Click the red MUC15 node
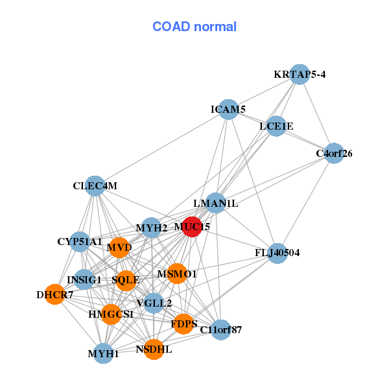(x=192, y=227)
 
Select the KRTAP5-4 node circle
(x=300, y=75)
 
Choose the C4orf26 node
(x=333, y=154)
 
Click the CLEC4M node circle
(x=95, y=186)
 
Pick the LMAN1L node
(x=215, y=204)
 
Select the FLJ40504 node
(x=277, y=253)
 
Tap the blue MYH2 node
(x=151, y=228)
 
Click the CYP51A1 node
(x=80, y=242)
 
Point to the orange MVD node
(x=119, y=247)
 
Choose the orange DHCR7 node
(x=55, y=295)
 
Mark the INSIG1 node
(x=84, y=280)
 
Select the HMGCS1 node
(x=111, y=314)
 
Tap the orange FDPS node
(x=183, y=323)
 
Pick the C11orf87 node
(x=220, y=330)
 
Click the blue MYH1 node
(x=104, y=353)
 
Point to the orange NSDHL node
(x=154, y=349)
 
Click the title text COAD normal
(x=194, y=27)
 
